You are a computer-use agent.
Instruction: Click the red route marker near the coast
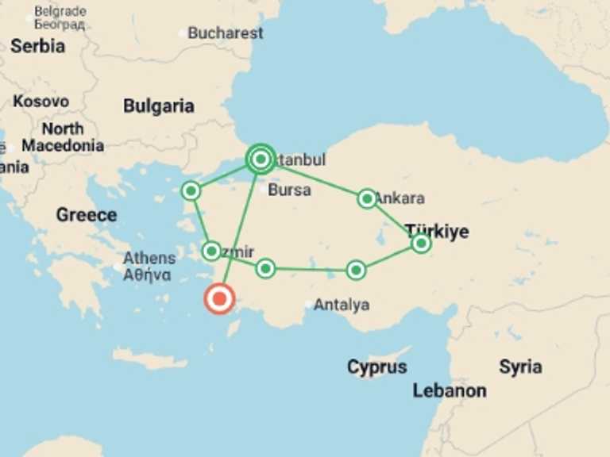pyautogui.click(x=219, y=299)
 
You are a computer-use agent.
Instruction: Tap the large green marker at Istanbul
pyautogui.click(x=261, y=159)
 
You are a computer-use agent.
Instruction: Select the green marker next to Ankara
pyautogui.click(x=367, y=198)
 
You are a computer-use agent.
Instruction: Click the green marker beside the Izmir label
pyautogui.click(x=211, y=252)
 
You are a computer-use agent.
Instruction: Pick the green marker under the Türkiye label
pyautogui.click(x=421, y=244)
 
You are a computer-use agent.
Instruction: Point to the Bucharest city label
pyautogui.click(x=225, y=33)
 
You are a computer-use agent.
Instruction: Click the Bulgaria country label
pyautogui.click(x=159, y=106)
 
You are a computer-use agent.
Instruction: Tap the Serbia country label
pyautogui.click(x=37, y=46)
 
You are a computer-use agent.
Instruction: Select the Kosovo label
pyautogui.click(x=41, y=102)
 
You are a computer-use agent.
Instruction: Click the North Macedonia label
pyautogui.click(x=63, y=137)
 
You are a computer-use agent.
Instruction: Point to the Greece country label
pyautogui.click(x=87, y=214)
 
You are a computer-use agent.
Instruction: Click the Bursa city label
pyautogui.click(x=289, y=190)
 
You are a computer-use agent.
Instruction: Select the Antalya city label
pyautogui.click(x=342, y=305)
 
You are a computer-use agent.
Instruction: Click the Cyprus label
pyautogui.click(x=376, y=367)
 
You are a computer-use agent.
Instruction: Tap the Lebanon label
pyautogui.click(x=450, y=390)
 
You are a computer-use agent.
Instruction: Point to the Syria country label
pyautogui.click(x=520, y=367)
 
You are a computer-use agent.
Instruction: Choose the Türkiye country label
pyautogui.click(x=437, y=232)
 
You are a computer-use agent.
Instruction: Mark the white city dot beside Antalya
pyautogui.click(x=309, y=304)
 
